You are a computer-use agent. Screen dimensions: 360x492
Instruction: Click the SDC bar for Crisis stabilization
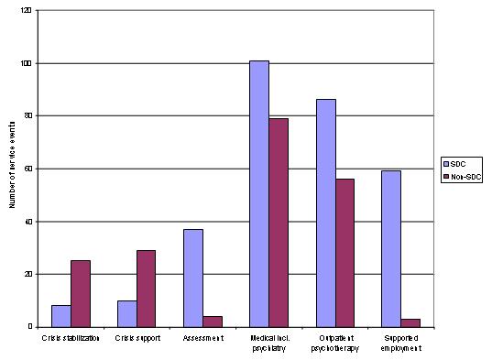coord(60,316)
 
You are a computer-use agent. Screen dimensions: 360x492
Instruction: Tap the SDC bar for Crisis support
coord(127,313)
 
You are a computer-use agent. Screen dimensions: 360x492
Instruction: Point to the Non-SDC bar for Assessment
coord(213,322)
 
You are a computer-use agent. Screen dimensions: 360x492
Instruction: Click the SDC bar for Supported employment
coord(391,248)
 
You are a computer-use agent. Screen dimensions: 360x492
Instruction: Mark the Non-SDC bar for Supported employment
coord(411,322)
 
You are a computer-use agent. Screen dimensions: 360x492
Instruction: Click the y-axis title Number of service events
coord(11,169)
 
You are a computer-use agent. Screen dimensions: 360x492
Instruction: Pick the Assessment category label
coord(203,339)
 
